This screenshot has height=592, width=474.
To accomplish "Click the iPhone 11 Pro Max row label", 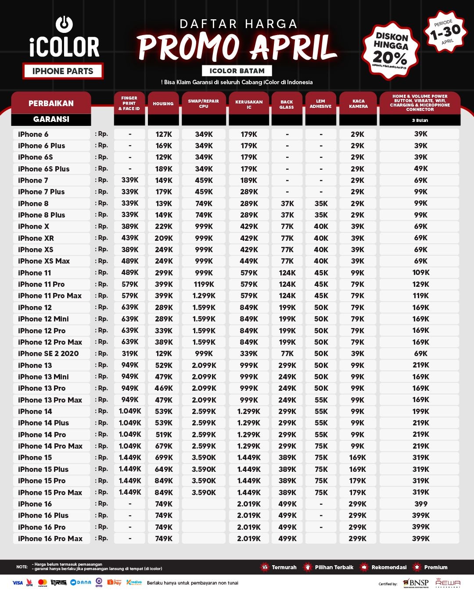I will pyautogui.click(x=50, y=296).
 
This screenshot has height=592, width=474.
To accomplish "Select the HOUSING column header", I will pyautogui.click(x=163, y=103).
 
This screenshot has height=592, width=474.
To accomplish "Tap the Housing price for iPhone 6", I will pyautogui.click(x=164, y=134).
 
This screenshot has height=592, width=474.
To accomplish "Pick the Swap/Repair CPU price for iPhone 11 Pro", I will pyautogui.click(x=204, y=284).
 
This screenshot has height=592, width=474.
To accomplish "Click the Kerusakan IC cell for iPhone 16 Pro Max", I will pyautogui.click(x=249, y=539).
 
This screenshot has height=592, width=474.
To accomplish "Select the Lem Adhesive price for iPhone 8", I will pyautogui.click(x=321, y=203).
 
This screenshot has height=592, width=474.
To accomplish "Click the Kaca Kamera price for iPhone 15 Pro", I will pyautogui.click(x=358, y=481).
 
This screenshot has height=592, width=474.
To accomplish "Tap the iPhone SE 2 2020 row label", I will pyautogui.click(x=48, y=353).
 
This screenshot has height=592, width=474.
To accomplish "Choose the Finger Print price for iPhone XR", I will pyautogui.click(x=130, y=238).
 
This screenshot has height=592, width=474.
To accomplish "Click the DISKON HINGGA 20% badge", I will pyautogui.click(x=391, y=51).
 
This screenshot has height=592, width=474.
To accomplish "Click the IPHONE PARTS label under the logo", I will pyautogui.click(x=63, y=71).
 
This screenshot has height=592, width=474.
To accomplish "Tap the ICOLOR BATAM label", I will pyautogui.click(x=237, y=71).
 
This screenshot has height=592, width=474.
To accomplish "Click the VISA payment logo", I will pyautogui.click(x=18, y=583).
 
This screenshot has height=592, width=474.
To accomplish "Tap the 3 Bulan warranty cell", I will pyautogui.click(x=420, y=120).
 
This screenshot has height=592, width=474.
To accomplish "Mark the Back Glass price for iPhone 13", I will pyautogui.click(x=287, y=365).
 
